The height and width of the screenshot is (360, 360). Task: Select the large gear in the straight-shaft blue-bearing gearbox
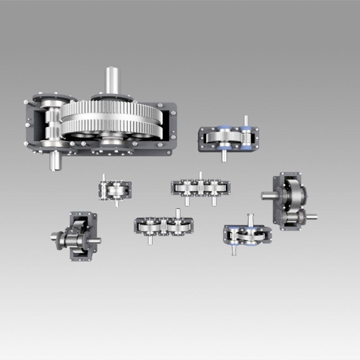[x=222, y=137]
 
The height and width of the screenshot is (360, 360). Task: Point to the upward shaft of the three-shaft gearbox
[x=200, y=176]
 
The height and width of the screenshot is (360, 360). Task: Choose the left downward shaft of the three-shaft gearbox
[x=187, y=201]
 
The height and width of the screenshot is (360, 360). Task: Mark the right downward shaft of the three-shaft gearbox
[x=214, y=201]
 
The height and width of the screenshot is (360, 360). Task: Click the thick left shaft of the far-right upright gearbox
[x=268, y=196]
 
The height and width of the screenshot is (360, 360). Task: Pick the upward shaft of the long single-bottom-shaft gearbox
[x=178, y=213]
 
